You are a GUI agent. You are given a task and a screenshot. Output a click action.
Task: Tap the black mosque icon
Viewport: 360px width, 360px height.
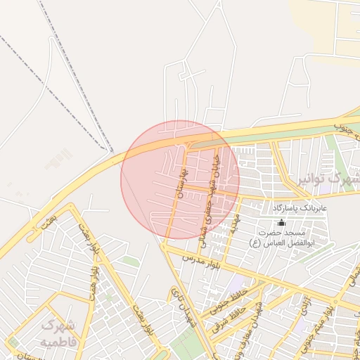point(281,222)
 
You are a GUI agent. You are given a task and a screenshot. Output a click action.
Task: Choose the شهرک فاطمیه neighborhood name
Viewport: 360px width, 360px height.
point(59,333)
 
